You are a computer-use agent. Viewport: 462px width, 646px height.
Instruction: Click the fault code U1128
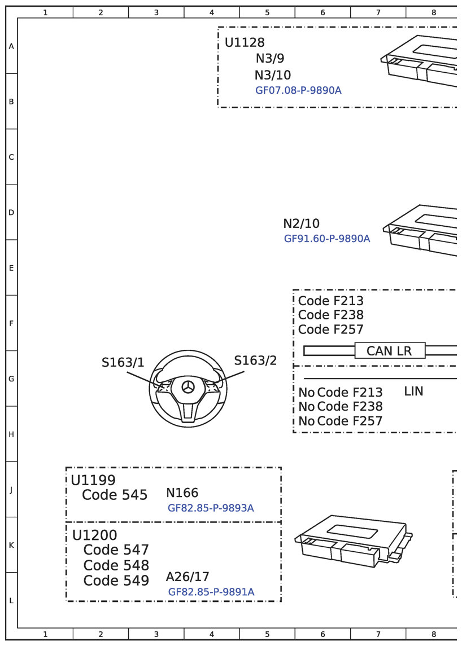(x=245, y=43)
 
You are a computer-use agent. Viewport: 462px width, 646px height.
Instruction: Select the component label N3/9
(x=270, y=59)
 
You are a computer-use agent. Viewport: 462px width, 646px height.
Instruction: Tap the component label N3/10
(x=273, y=75)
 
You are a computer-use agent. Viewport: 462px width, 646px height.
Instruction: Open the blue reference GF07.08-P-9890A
(x=298, y=90)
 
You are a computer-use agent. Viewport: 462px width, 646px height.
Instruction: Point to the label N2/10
(x=301, y=223)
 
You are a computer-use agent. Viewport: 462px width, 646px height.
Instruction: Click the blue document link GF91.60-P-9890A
(x=327, y=239)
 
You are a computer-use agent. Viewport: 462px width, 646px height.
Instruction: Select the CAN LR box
(x=389, y=351)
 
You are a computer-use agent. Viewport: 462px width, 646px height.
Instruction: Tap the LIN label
(x=413, y=392)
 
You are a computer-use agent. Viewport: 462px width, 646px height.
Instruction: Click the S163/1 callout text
(x=123, y=363)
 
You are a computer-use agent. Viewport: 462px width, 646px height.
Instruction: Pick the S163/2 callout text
(x=255, y=361)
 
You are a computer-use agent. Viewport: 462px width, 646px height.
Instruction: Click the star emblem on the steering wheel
(x=188, y=388)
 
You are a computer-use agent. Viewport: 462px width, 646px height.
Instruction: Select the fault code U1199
(x=93, y=480)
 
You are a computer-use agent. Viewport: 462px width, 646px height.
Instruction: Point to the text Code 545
(x=115, y=495)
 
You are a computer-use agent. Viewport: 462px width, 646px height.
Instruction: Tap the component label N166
(x=182, y=493)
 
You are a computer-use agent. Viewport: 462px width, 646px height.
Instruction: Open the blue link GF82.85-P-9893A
(x=211, y=508)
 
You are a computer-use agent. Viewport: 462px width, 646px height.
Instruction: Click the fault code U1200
(x=95, y=535)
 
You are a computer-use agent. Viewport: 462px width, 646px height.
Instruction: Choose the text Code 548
(x=116, y=565)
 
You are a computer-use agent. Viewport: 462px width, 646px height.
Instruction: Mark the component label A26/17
(x=188, y=577)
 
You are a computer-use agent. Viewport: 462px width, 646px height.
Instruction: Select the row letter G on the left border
(x=11, y=379)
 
